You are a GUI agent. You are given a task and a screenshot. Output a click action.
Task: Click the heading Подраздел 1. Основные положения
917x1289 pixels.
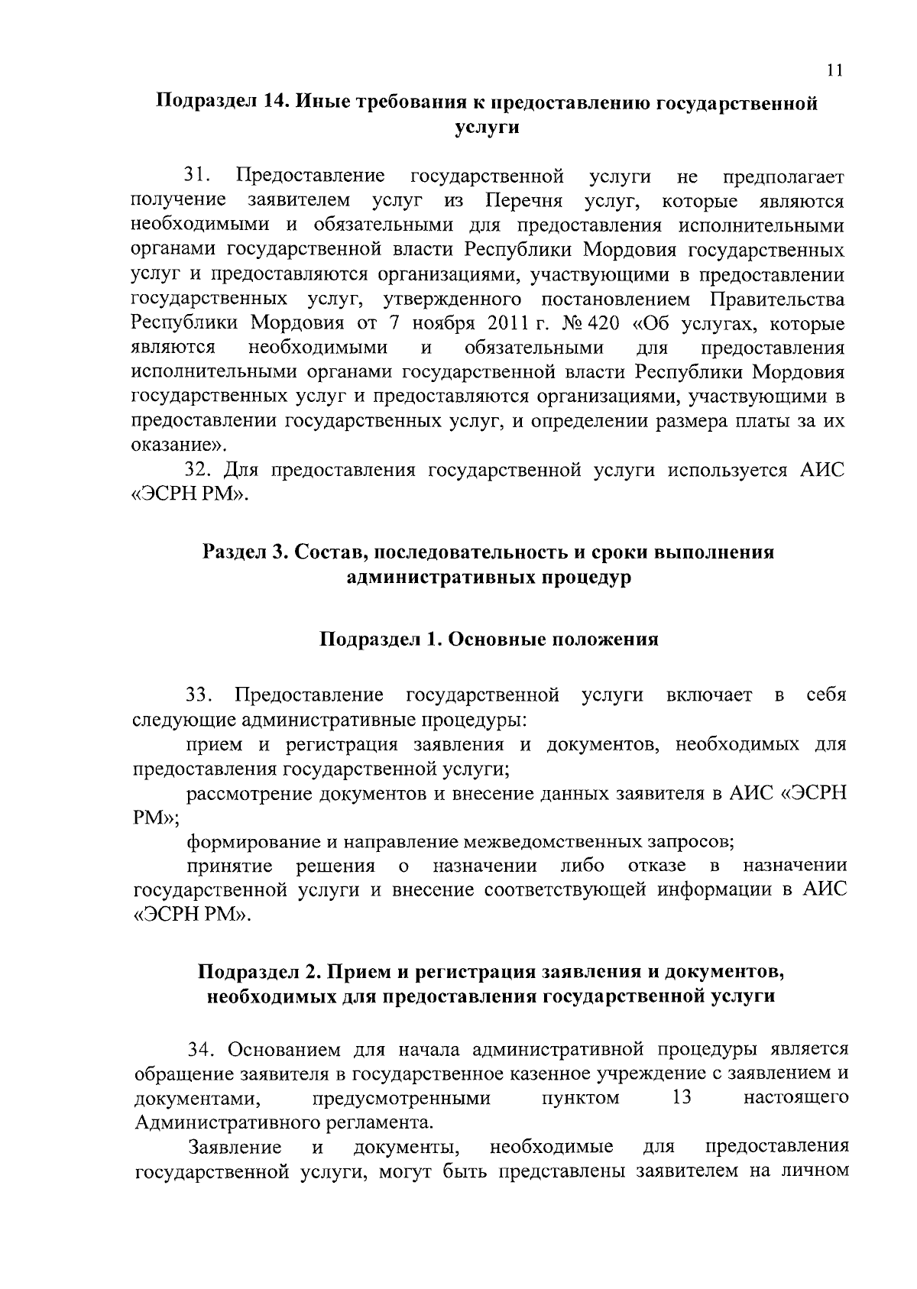coord(488,640)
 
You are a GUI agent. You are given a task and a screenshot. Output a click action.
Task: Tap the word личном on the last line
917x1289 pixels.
coord(816,1171)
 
